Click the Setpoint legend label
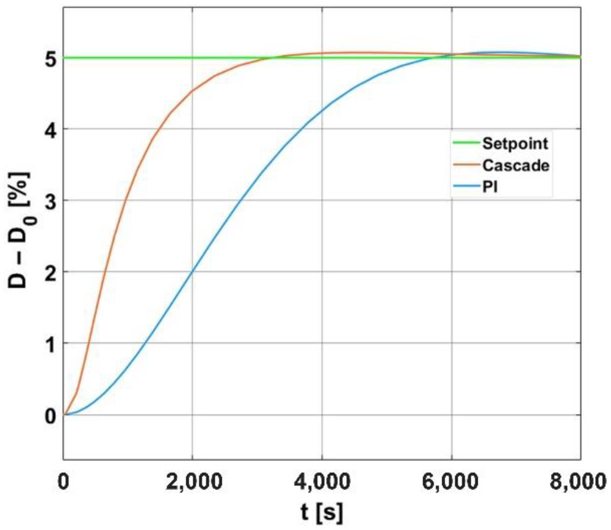point(515,143)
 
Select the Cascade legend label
point(516,165)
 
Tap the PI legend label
point(490,187)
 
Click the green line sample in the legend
point(466,143)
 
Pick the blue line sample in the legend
point(466,187)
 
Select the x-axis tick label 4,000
point(323,481)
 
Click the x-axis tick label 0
point(63,481)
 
